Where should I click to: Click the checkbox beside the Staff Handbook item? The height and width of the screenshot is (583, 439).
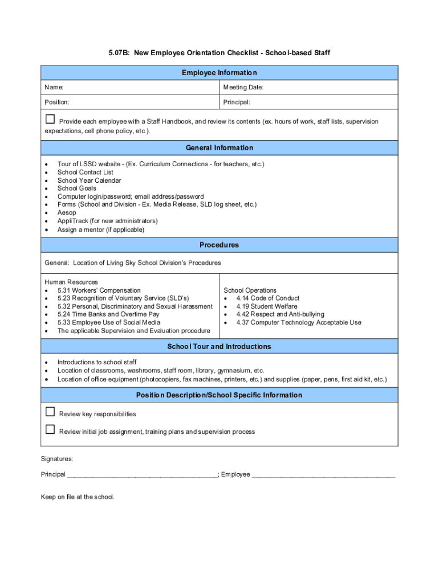50,120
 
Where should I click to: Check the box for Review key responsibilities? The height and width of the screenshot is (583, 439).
50,412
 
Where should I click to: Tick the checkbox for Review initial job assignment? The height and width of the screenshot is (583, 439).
50,429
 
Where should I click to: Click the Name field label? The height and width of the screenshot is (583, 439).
54,88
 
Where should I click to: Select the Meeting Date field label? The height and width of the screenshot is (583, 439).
243,88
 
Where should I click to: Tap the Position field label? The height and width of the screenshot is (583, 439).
57,102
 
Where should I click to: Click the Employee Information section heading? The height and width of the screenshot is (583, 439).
219,73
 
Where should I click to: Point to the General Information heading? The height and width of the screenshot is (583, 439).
219,148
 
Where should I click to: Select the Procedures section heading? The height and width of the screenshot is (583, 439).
219,245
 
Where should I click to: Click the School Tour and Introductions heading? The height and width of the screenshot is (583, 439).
219,347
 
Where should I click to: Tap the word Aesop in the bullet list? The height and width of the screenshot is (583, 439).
67,212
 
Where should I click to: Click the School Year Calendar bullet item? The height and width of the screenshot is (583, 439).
89,180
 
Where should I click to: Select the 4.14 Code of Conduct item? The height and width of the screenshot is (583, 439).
267,298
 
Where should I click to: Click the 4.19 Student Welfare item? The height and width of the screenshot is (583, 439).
266,306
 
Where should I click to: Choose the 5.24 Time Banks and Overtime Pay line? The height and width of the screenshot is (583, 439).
108,314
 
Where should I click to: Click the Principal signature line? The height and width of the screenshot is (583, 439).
142,475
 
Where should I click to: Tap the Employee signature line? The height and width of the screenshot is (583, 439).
323,475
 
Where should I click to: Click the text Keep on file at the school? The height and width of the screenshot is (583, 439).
78,497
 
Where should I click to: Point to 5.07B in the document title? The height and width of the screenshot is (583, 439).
120,53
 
